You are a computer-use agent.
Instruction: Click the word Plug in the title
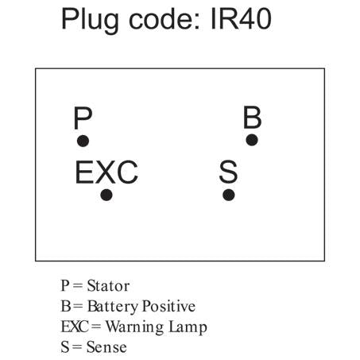90,21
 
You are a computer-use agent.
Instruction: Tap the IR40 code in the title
241,19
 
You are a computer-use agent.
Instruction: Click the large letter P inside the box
83,118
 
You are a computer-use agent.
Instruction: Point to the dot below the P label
83,141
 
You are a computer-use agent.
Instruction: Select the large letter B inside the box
252,117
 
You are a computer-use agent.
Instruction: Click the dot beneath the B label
252,140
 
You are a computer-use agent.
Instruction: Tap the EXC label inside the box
106,172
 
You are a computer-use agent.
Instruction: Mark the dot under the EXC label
106,195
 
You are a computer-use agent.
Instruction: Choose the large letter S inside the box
228,172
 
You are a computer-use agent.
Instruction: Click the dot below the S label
229,195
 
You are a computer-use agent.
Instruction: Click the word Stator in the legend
108,286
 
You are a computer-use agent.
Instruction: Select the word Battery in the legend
113,307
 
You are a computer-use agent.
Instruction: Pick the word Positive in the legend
169,306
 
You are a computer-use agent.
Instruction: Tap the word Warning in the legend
135,327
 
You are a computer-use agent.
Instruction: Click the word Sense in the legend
106,347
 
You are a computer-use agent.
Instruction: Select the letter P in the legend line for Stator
65,286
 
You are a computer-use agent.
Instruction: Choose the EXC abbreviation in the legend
75,327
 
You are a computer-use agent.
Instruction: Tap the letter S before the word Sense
65,347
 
